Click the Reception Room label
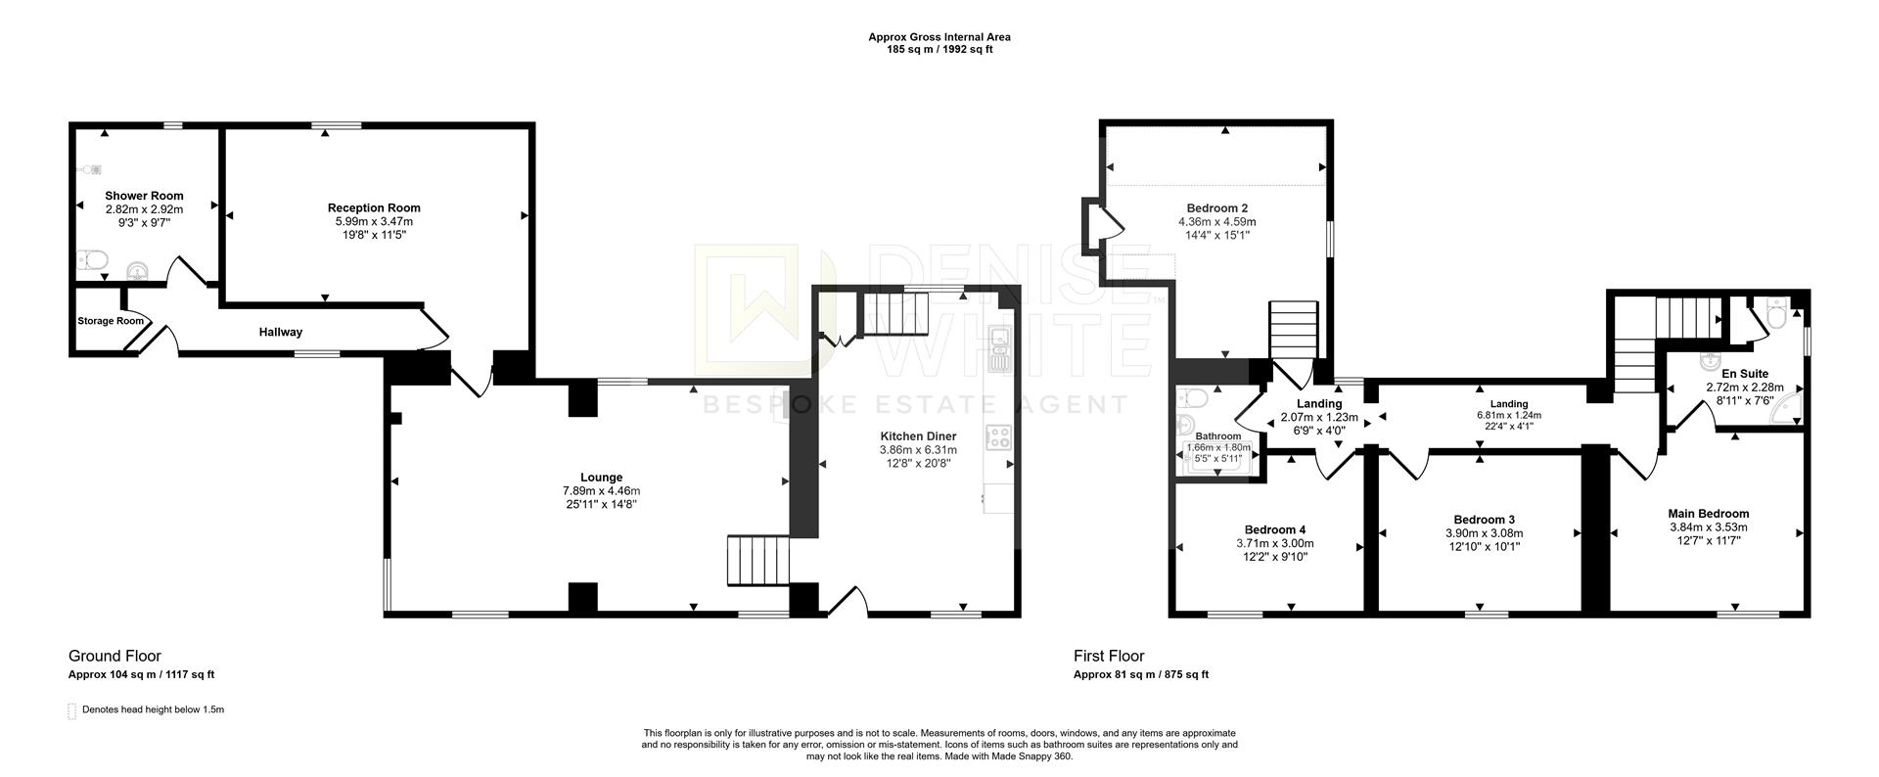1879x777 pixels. click(374, 207)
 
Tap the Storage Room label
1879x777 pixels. click(111, 321)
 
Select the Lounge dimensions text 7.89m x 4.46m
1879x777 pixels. click(601, 491)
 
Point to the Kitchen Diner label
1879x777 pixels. click(918, 436)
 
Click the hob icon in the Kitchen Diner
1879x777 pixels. click(998, 437)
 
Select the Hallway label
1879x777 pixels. click(281, 333)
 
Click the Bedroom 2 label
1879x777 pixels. click(1216, 208)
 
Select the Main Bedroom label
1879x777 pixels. click(1708, 514)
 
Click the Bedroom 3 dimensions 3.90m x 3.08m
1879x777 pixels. click(1484, 533)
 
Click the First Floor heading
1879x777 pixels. click(1108, 657)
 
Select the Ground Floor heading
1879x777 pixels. click(115, 657)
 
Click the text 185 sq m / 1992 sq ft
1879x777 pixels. click(939, 50)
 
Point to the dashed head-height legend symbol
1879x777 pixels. click(71, 710)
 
